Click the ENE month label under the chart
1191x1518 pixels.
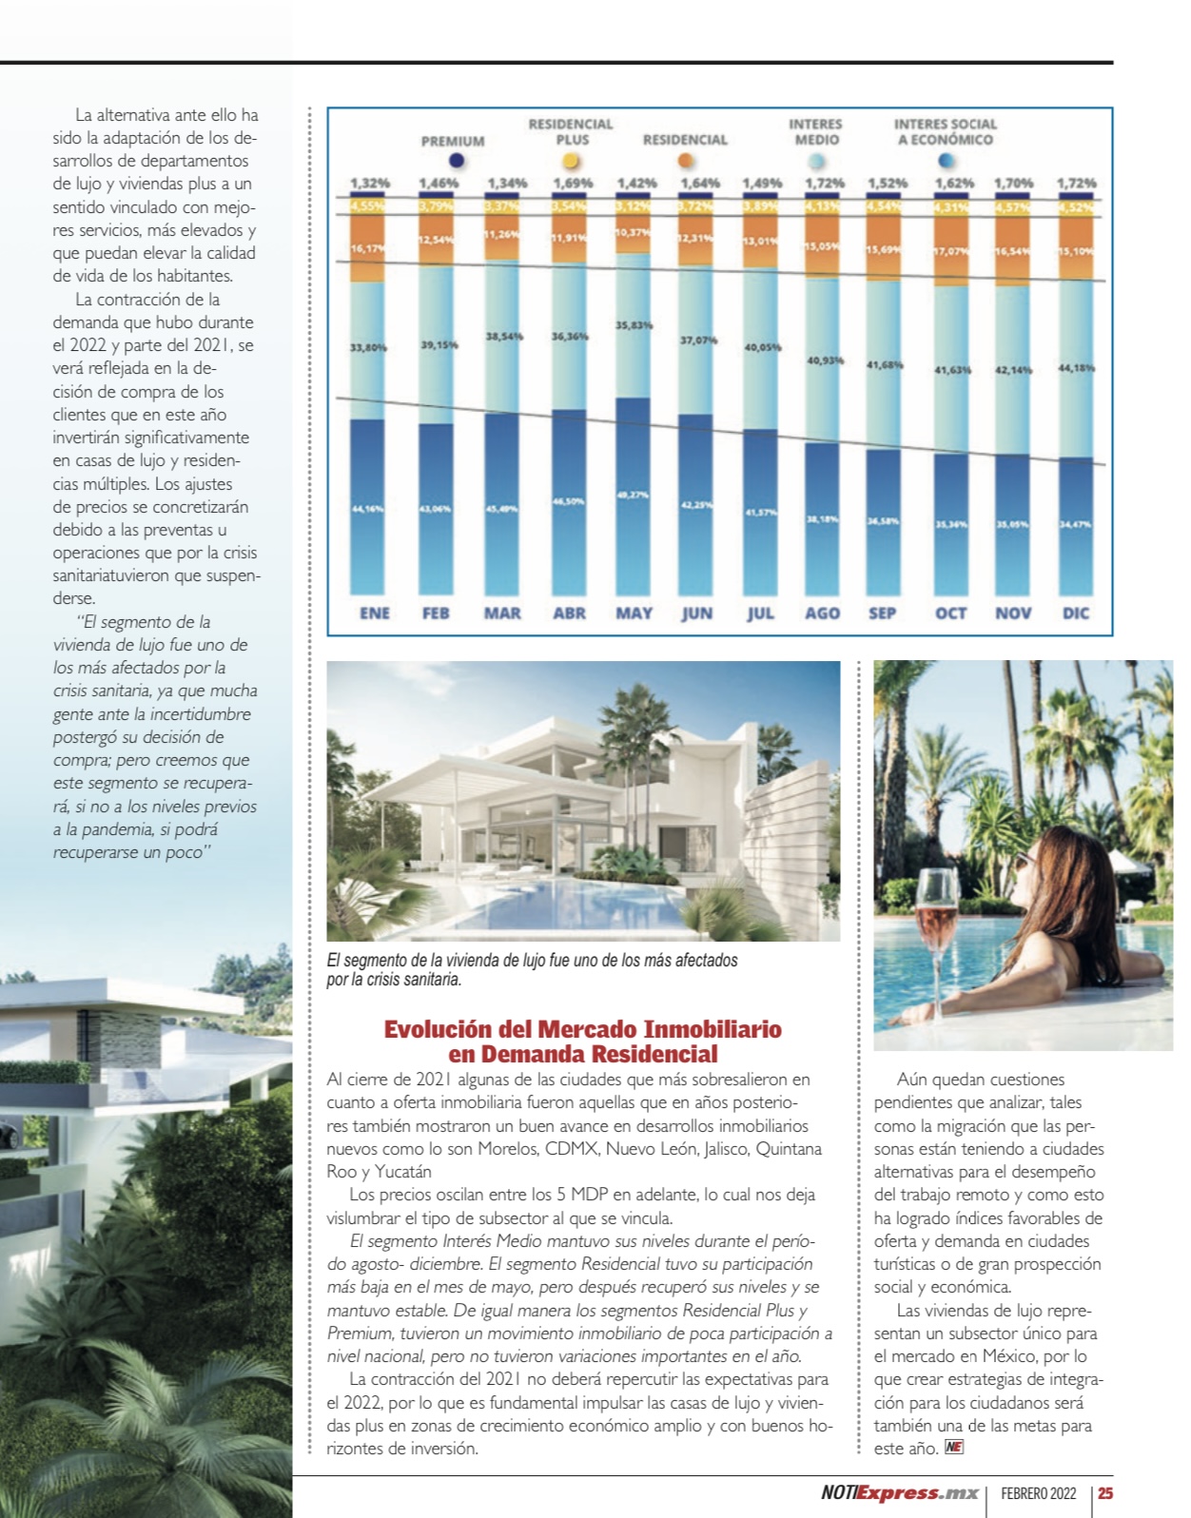coord(375,613)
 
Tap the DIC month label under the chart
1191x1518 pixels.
coord(1076,613)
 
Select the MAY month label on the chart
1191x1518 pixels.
coord(634,613)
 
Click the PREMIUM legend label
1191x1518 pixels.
coord(453,141)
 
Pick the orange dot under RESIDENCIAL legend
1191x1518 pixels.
coord(685,162)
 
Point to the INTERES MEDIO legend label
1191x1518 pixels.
coord(815,131)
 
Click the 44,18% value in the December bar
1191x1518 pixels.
coord(1077,367)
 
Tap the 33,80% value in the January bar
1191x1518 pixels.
coord(369,347)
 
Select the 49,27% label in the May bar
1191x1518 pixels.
coord(634,495)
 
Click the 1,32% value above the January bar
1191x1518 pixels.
coord(370,183)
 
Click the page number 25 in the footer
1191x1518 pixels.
coord(1105,1493)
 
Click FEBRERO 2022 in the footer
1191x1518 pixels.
coord(1039,1493)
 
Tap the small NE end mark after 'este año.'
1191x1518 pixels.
coord(954,1448)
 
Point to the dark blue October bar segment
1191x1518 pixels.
coord(951,523)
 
